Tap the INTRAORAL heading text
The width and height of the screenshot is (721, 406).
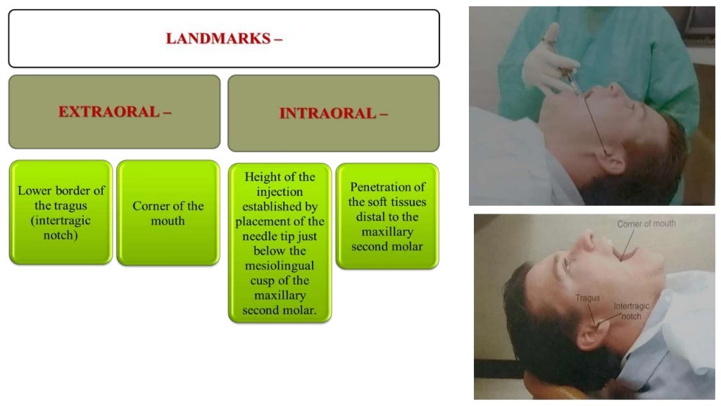[x=327, y=113]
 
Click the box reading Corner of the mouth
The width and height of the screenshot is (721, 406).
[x=168, y=213]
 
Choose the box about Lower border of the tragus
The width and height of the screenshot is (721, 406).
[x=60, y=213]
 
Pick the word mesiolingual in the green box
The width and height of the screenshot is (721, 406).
[x=280, y=266]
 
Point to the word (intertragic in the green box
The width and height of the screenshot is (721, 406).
[x=62, y=221]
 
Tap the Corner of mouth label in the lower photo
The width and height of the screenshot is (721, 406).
[x=646, y=224]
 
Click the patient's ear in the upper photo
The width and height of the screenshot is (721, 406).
[x=612, y=160]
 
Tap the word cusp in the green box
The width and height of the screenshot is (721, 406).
[x=257, y=281]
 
